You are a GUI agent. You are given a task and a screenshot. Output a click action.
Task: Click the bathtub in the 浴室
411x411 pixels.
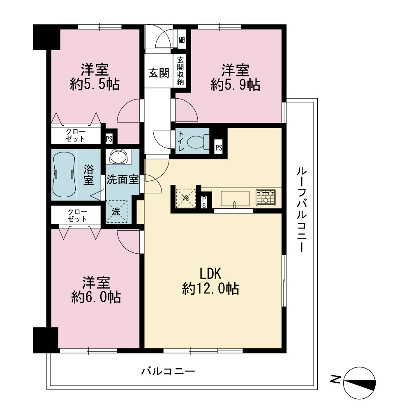coord(64,174)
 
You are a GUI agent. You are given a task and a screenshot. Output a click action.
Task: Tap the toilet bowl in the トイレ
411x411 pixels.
coord(198,141)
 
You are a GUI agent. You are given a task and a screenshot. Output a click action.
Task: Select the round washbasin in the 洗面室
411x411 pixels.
coord(119,157)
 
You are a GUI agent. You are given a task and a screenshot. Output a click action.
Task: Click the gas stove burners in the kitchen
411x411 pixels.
coord(266,197)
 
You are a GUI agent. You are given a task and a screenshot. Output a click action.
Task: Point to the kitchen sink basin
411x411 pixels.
coord(235,199)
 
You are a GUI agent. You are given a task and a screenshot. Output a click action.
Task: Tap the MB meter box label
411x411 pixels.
coord(182,40)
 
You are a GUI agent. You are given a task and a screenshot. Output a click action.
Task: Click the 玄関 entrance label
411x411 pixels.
coord(159,73)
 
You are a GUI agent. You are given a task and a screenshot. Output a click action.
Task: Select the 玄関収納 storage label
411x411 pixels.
coord(180,71)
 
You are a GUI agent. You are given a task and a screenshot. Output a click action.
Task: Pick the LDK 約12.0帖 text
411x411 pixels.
coord(210,281)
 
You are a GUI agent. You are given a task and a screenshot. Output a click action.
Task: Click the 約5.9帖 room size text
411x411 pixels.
coord(236,85)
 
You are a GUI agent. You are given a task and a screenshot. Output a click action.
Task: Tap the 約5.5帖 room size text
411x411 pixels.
coord(95,84)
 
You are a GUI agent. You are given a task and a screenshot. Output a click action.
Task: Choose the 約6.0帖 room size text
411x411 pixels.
coord(96,297)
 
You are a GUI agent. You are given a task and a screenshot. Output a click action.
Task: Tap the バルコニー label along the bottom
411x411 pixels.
coord(168,371)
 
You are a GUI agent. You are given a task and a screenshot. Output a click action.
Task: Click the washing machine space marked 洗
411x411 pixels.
coord(116,212)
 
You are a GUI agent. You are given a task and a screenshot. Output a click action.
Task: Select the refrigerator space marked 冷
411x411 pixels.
coord(186,198)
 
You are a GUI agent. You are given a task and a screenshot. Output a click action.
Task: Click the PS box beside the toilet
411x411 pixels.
coord(219,148)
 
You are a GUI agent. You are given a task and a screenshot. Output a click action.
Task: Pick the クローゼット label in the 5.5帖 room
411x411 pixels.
coord(76,135)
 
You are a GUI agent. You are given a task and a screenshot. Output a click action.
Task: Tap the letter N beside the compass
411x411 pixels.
coord(335,379)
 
